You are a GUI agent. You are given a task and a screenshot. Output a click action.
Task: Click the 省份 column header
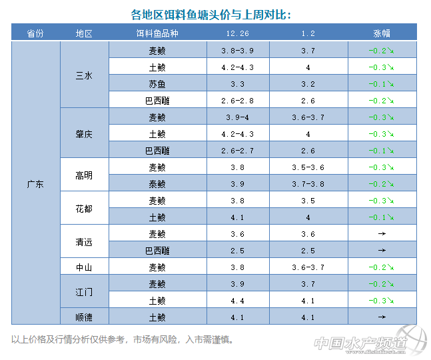pos(36,33)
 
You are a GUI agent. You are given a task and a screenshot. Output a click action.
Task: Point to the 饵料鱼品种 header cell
pos(157,33)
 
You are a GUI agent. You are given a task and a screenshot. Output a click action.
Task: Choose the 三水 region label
pos(84,75)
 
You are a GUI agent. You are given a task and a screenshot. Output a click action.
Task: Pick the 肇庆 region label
pos(84,134)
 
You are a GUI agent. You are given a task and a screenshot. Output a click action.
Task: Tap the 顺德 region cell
pos(84,317)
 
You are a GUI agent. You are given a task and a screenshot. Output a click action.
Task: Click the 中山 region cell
pos(84,267)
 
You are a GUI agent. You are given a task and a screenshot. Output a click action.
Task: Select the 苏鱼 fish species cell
pos(157,84)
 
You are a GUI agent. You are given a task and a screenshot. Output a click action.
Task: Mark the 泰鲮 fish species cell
pos(157,184)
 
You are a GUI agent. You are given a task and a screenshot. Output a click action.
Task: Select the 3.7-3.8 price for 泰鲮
pos(307,184)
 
